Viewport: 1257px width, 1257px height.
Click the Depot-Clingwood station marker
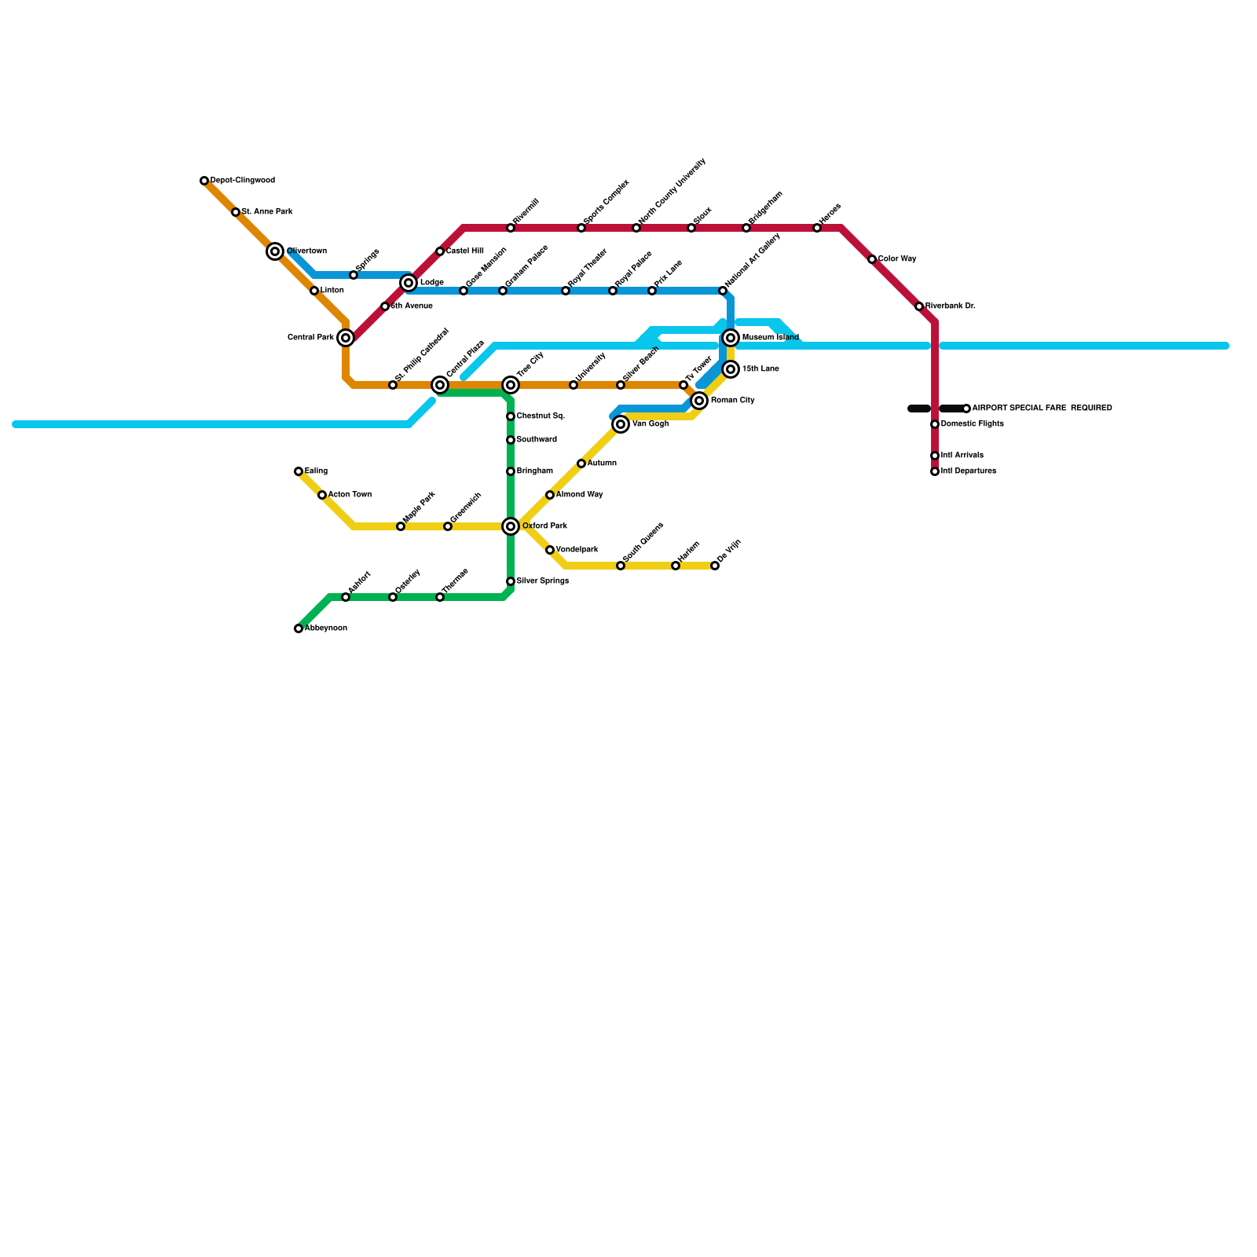pyautogui.click(x=204, y=181)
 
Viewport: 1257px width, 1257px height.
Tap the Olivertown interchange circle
pyautogui.click(x=275, y=251)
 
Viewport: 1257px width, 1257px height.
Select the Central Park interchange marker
pyautogui.click(x=346, y=338)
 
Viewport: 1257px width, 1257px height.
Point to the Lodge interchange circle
pyautogui.click(x=409, y=283)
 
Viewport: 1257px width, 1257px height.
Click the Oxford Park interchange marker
pyautogui.click(x=511, y=526)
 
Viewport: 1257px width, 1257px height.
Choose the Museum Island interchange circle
pyautogui.click(x=731, y=338)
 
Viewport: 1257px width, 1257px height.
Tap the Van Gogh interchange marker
pyautogui.click(x=621, y=424)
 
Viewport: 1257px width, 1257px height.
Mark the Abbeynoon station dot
pyautogui.click(x=299, y=628)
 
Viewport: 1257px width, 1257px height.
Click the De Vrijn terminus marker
pyautogui.click(x=715, y=566)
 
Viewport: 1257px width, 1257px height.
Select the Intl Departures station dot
pyautogui.click(x=935, y=471)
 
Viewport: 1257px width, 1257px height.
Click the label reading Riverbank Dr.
pyautogui.click(x=950, y=306)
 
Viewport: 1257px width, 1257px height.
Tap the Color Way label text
pyautogui.click(x=897, y=259)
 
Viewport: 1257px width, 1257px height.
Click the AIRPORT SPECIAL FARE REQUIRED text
pyautogui.click(x=1042, y=409)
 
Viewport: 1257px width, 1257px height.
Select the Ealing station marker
pyautogui.click(x=299, y=471)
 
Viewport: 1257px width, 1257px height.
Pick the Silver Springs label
pyautogui.click(x=542, y=581)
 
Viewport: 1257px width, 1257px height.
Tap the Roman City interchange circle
pyautogui.click(x=699, y=401)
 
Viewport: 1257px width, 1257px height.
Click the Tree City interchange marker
pyautogui.click(x=511, y=385)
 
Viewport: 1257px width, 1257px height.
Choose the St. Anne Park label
pyautogui.click(x=267, y=212)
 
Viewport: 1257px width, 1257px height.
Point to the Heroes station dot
pyautogui.click(x=817, y=228)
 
